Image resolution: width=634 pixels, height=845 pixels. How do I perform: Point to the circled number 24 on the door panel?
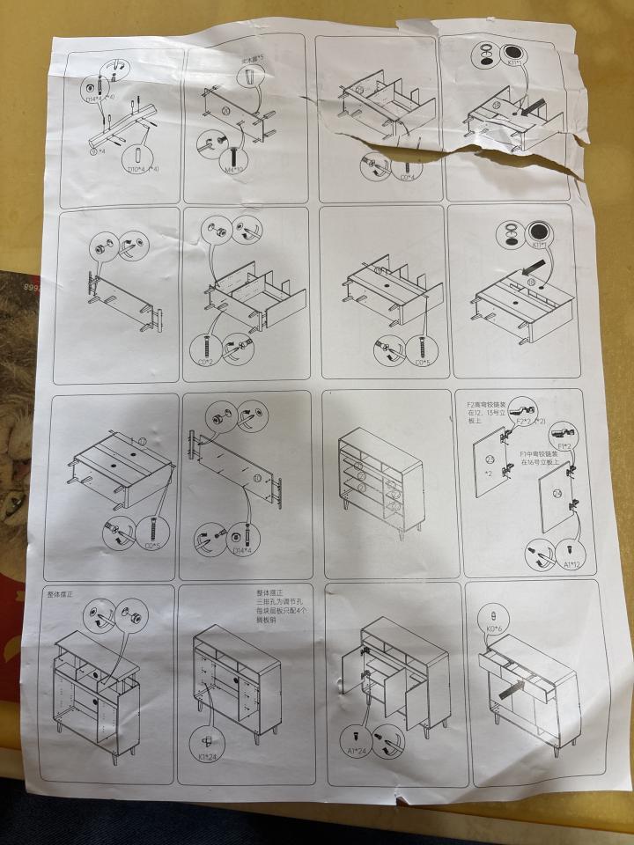[x=557, y=493]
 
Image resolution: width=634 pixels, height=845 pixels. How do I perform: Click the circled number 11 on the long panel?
[x=256, y=478]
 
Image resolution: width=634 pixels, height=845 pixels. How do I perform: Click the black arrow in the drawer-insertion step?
[x=508, y=691]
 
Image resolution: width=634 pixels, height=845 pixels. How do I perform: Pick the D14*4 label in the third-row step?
[x=241, y=551]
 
